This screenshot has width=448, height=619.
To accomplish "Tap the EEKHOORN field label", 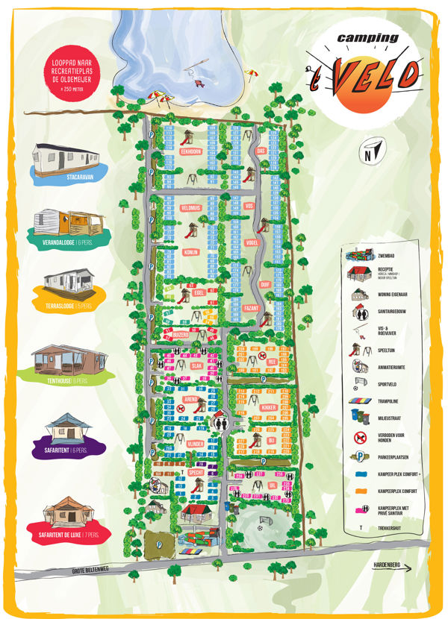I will pos(192,151).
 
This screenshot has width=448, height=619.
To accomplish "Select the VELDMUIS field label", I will pos(191,207).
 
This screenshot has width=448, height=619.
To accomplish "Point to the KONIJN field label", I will pos(190,252).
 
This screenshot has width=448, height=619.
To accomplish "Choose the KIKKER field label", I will pos(270,408).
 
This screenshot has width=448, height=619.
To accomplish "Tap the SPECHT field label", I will pos(196,473).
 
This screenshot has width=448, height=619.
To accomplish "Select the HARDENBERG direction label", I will pos(387,566).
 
